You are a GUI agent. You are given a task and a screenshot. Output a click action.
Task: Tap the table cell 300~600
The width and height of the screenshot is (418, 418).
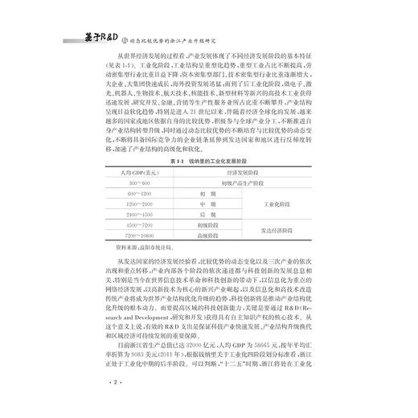coord(130,184)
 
